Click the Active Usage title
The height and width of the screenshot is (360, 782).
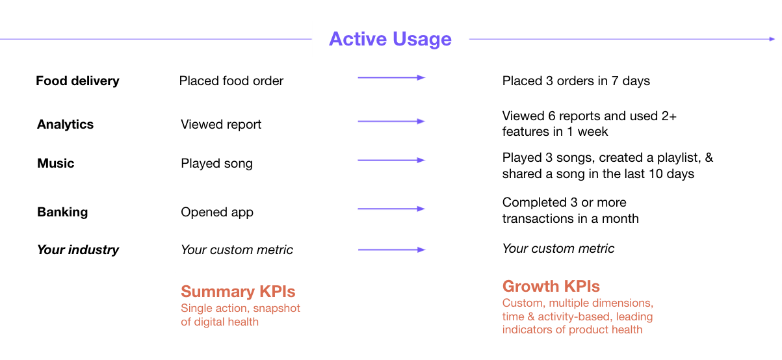(x=390, y=39)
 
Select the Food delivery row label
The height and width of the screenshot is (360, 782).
(x=77, y=81)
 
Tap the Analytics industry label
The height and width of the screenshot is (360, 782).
(x=65, y=125)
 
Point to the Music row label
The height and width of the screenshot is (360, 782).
(x=55, y=164)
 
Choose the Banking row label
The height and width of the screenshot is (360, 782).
(x=62, y=212)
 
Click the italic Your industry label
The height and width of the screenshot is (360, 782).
(x=78, y=250)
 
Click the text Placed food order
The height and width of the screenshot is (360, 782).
(x=231, y=81)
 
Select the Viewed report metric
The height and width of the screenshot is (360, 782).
(x=221, y=125)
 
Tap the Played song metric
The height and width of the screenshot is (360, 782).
(x=216, y=164)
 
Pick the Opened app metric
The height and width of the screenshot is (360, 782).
(x=217, y=212)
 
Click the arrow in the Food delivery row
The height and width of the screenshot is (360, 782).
(x=391, y=78)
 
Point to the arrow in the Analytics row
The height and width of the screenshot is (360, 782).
(x=391, y=122)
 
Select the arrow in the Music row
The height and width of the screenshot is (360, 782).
(x=391, y=161)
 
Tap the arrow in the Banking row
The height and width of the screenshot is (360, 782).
(x=391, y=209)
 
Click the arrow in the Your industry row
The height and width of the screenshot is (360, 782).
(x=391, y=250)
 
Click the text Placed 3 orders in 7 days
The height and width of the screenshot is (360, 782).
(x=576, y=81)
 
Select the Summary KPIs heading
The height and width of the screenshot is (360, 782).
(x=238, y=292)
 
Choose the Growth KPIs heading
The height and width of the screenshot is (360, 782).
(x=551, y=287)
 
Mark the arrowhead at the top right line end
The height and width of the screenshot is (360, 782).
(x=772, y=39)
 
